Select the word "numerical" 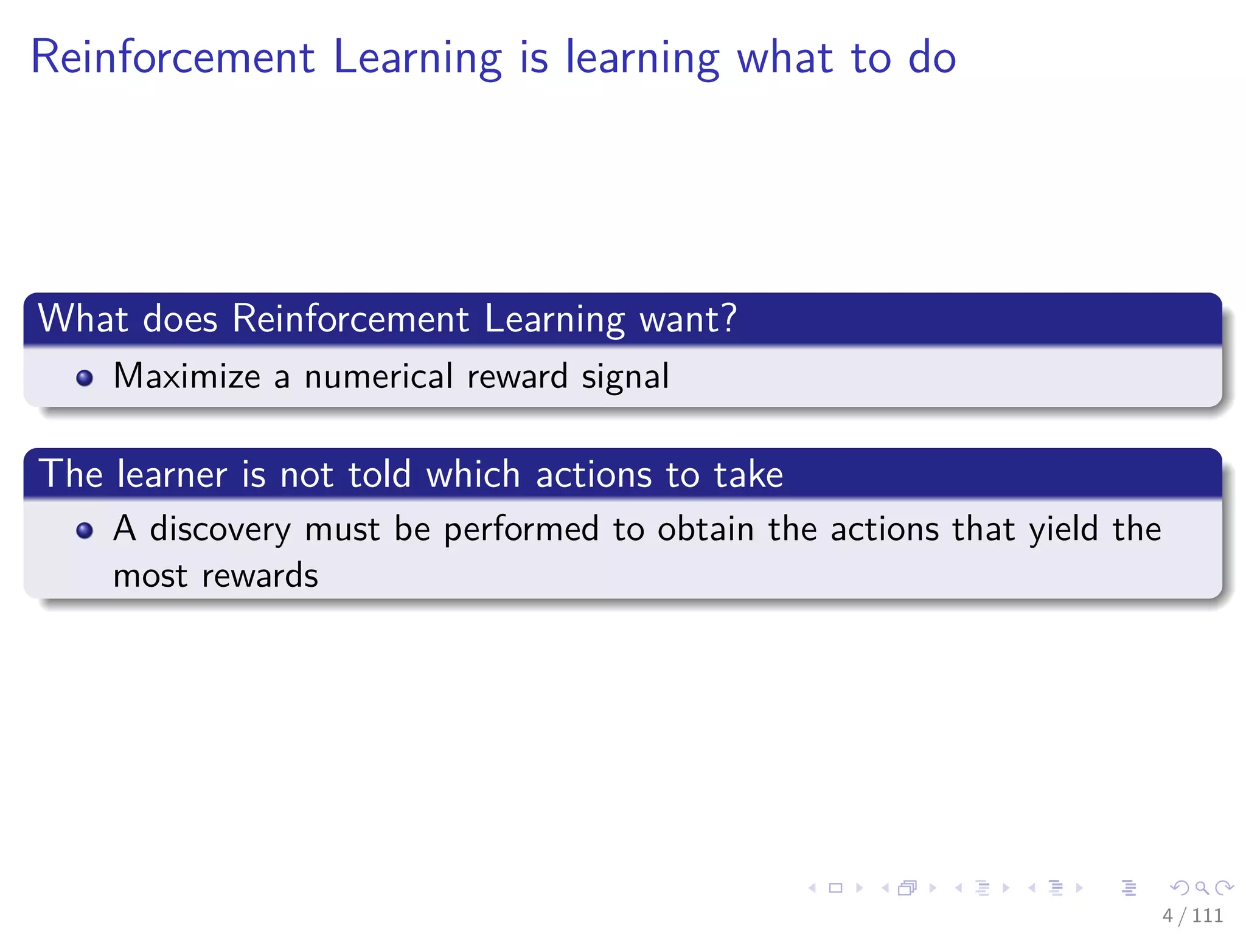[378, 376]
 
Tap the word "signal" [625, 377]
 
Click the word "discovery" [220, 529]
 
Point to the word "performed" [521, 529]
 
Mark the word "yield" [1063, 528]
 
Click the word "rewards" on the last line [260, 575]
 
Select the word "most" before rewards [150, 576]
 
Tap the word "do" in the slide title [931, 57]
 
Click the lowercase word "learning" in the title [642, 58]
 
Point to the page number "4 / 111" [1192, 915]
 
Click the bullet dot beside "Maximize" [85, 378]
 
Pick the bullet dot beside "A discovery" [85, 531]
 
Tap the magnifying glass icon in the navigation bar [1202, 888]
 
